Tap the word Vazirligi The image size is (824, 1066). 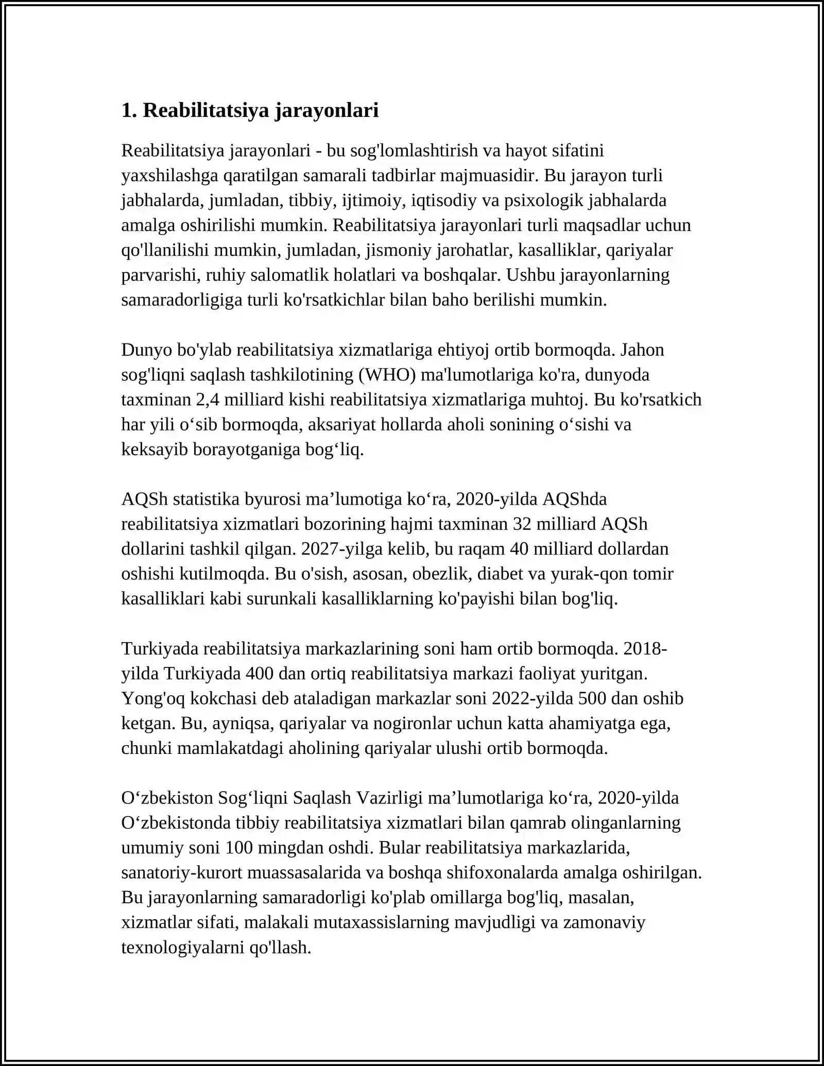[389, 798]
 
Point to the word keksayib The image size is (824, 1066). [154, 449]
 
